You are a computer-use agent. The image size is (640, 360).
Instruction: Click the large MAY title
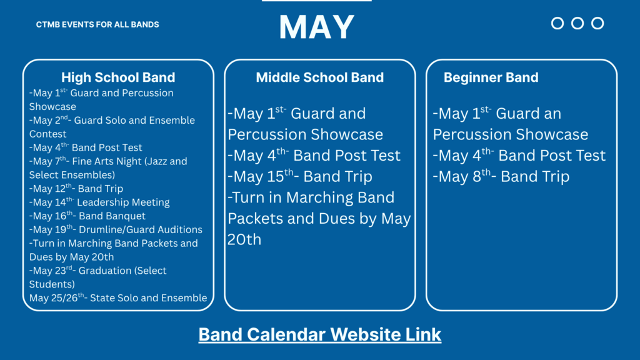pyautogui.click(x=317, y=27)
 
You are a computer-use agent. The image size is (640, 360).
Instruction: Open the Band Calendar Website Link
pyautogui.click(x=319, y=334)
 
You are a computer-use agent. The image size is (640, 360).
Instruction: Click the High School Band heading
pyautogui.click(x=118, y=77)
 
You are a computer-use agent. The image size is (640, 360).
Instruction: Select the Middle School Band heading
pyautogui.click(x=319, y=77)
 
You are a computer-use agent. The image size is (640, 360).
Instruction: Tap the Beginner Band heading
pyautogui.click(x=491, y=77)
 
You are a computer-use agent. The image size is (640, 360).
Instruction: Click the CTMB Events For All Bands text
pyautogui.click(x=97, y=24)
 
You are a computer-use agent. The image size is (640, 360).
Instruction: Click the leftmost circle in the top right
pyautogui.click(x=557, y=23)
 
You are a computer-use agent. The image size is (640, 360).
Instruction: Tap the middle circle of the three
pyautogui.click(x=577, y=23)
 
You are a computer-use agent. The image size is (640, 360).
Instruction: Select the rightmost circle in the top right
pyautogui.click(x=597, y=23)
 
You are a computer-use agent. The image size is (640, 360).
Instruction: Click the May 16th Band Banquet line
pyautogui.click(x=87, y=216)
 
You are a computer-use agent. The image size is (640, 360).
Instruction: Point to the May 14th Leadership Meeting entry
pyautogui.click(x=99, y=202)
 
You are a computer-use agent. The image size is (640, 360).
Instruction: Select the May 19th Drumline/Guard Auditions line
pyautogui.click(x=116, y=230)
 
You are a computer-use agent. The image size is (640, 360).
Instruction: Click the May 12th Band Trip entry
pyautogui.click(x=76, y=189)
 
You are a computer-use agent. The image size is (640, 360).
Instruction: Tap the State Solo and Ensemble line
pyautogui.click(x=118, y=298)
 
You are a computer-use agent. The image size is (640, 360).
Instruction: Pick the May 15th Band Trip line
pyautogui.click(x=300, y=177)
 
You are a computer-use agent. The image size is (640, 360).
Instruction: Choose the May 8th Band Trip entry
pyautogui.click(x=501, y=177)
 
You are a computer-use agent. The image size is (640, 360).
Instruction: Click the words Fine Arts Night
pyautogui.click(x=101, y=161)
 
